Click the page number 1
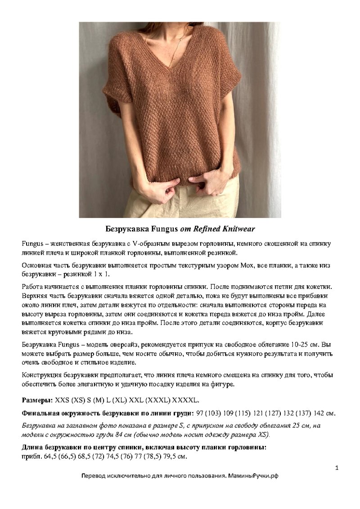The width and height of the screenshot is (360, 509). tap(337, 468)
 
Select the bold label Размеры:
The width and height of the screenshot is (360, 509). tap(37, 400)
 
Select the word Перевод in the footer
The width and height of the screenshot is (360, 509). tap(93, 476)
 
